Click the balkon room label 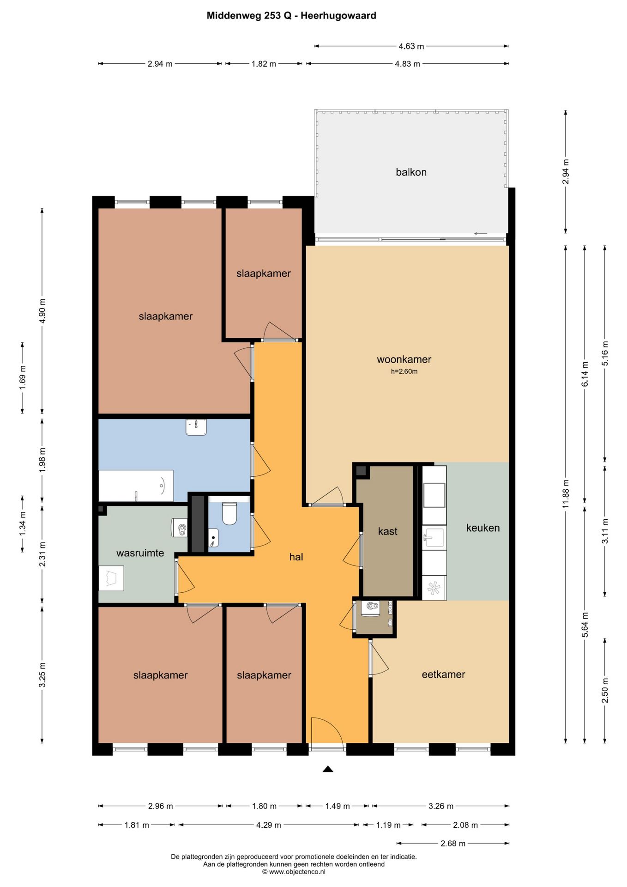coord(411,172)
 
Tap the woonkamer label coord(404,359)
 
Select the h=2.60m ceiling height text coord(404,371)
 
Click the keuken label coord(483,528)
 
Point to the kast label coord(388,531)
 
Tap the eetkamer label coord(443,674)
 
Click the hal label coord(296,557)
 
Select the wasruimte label coord(140,553)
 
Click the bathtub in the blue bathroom coord(136,486)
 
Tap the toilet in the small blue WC coord(229,513)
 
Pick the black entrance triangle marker coord(328,769)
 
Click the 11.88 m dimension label coord(566,494)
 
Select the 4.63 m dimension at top coord(411,46)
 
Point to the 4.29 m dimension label coord(268,825)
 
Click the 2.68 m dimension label coord(453,843)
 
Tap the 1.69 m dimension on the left coord(22,378)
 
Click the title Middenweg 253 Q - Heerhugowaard coord(291,16)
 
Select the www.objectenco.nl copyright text coord(294,872)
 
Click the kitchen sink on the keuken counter coord(434,538)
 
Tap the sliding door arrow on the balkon coord(481,234)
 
